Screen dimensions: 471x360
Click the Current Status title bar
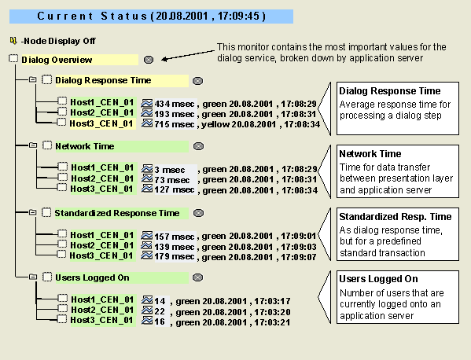point(151,17)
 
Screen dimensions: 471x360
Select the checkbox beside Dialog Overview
point(13,58)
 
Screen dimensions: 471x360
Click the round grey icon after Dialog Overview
point(149,60)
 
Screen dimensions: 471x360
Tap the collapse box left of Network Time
point(33,145)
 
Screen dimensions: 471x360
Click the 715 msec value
point(175,124)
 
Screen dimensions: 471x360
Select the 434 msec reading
point(175,104)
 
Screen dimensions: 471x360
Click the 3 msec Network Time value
point(170,170)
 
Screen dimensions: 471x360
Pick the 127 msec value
point(175,189)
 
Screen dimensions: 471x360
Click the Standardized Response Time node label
point(117,213)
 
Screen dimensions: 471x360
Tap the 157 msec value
point(175,237)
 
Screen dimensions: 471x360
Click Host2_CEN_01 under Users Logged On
point(102,310)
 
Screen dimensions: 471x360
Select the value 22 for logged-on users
point(160,311)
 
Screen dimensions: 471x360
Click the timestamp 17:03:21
point(272,322)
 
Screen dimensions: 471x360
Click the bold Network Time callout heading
point(370,154)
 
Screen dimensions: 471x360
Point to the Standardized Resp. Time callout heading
point(396,216)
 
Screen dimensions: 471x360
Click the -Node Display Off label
point(58,41)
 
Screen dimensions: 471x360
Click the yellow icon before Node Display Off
point(13,40)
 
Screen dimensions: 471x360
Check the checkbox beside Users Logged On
point(47,277)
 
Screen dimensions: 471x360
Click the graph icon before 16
point(147,321)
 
